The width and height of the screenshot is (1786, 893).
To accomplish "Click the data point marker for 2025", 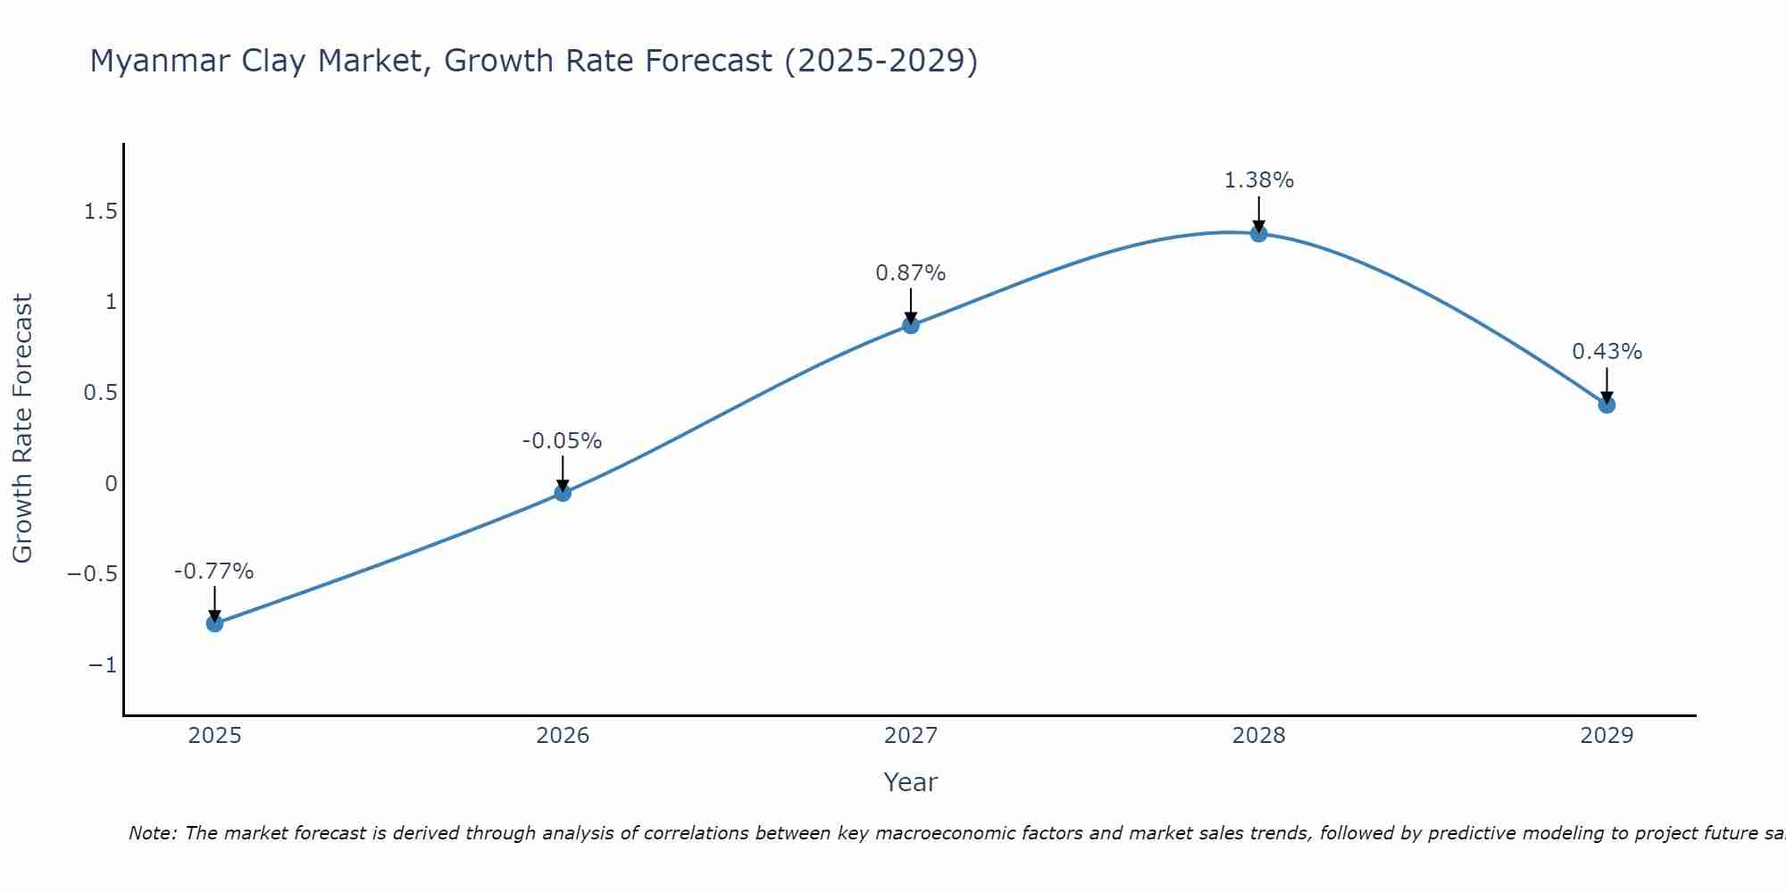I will click(214, 622).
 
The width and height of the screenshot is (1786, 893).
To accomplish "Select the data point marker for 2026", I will click(563, 492).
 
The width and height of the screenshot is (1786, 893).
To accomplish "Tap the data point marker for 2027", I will click(911, 325).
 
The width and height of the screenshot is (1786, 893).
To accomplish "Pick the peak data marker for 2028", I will click(1258, 233).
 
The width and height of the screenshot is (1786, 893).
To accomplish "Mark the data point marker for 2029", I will click(1607, 405).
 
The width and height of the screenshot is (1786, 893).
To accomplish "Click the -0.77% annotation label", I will click(213, 572).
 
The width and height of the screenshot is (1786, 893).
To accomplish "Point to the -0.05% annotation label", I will click(562, 441).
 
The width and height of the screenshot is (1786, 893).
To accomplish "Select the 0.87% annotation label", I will click(910, 273).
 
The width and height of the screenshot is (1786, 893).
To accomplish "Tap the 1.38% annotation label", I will click(1258, 180).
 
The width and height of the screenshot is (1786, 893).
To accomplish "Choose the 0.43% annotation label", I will click(1607, 352).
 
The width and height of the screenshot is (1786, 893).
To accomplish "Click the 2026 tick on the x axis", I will click(563, 736).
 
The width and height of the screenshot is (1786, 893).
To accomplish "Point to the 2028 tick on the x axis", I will click(1258, 736).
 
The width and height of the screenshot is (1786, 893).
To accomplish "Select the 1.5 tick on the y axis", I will click(100, 212).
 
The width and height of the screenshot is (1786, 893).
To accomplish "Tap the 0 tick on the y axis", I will click(111, 484).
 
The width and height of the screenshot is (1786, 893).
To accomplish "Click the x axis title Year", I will click(910, 782).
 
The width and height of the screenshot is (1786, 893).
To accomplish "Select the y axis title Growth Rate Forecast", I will click(22, 428).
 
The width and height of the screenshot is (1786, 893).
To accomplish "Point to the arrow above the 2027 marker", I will click(911, 306).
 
